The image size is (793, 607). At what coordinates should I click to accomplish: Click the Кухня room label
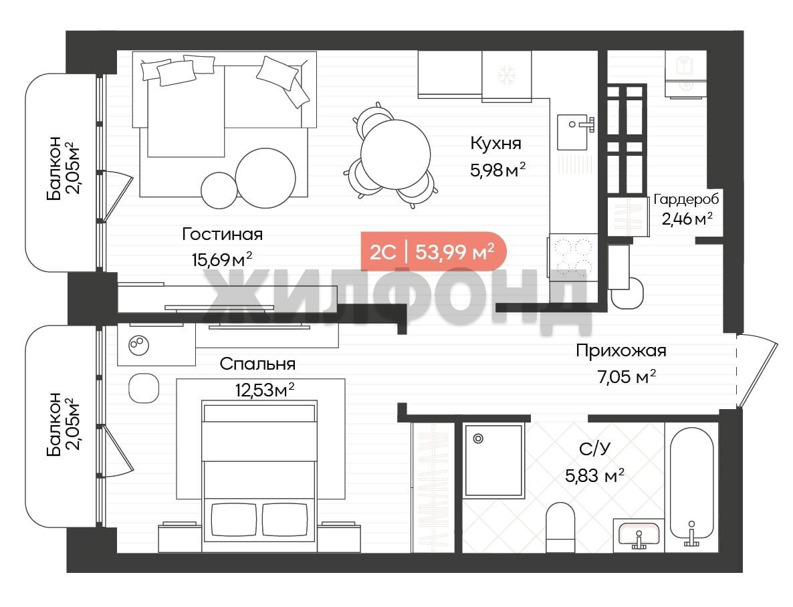click(x=495, y=144)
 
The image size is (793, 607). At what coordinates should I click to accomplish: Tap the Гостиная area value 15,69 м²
click(x=222, y=259)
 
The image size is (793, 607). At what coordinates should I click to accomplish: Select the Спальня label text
click(x=257, y=364)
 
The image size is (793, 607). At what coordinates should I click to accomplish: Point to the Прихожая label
click(x=621, y=350)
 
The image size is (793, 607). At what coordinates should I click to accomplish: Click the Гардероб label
click(x=686, y=199)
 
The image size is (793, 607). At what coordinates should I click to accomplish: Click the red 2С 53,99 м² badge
click(x=433, y=251)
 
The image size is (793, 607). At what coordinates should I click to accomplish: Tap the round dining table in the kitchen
click(x=395, y=154)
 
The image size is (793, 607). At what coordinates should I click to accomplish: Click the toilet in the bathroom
click(x=560, y=527)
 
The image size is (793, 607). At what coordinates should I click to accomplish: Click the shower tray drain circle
click(x=478, y=439)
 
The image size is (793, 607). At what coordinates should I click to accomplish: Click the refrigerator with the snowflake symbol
click(x=506, y=76)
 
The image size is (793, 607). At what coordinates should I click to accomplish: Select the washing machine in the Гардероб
click(x=685, y=74)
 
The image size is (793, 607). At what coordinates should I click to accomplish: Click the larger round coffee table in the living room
click(x=265, y=178)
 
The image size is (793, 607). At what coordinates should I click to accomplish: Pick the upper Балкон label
click(x=64, y=168)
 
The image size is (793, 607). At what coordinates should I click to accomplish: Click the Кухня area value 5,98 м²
click(x=497, y=169)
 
